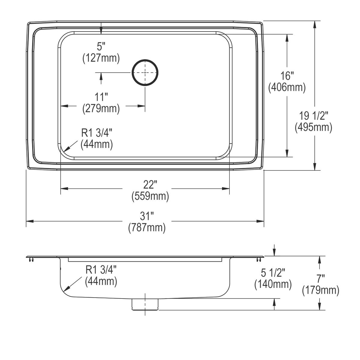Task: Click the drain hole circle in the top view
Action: point(145,72)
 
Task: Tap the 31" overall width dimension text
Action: point(147,216)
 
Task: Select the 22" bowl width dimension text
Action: point(150,184)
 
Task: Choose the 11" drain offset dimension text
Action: point(101,97)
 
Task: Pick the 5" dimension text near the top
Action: point(101,46)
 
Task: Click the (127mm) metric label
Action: point(101,58)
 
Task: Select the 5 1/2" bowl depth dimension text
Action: point(273,273)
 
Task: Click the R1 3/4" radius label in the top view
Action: point(97,133)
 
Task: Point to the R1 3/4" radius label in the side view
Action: point(101,270)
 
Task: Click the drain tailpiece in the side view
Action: point(145,304)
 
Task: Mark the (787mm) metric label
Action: point(147,228)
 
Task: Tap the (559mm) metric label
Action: point(150,196)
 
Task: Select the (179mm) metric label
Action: point(320,290)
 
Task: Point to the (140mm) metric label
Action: point(273,284)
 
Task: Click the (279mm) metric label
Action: point(101,108)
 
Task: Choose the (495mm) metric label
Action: point(314,127)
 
